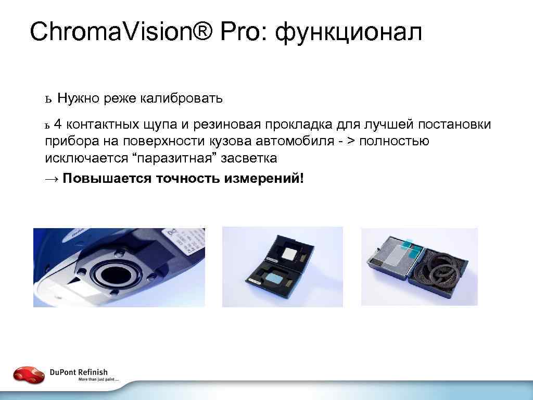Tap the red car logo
29,374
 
